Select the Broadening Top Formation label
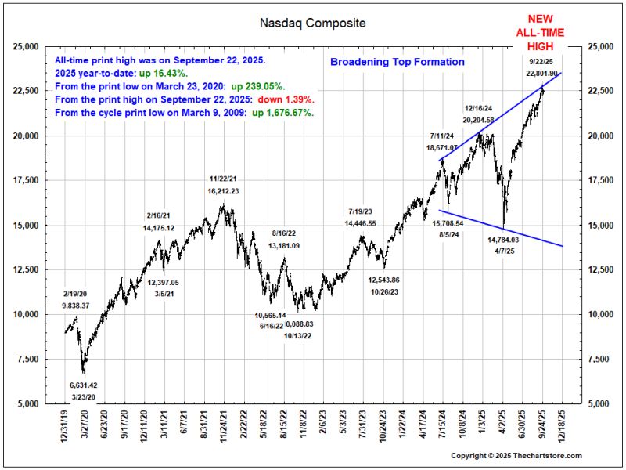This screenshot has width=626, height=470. [x=397, y=62]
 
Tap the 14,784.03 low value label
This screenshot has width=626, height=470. [x=503, y=240]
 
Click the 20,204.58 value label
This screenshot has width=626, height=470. [x=478, y=120]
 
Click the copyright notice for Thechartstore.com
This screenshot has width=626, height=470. [x=516, y=456]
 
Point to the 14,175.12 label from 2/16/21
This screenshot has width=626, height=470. [x=170, y=228]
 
